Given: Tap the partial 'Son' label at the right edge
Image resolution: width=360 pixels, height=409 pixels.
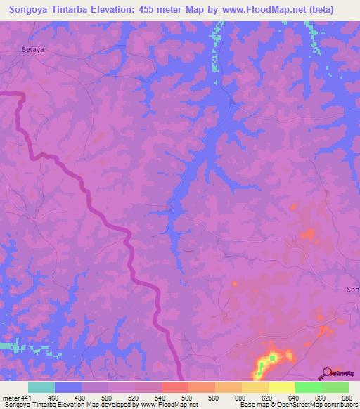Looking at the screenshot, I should tap(353, 290).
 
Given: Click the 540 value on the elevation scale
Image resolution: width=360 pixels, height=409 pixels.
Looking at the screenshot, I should tap(161, 398).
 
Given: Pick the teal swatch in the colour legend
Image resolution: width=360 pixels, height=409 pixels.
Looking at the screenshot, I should tap(41, 387).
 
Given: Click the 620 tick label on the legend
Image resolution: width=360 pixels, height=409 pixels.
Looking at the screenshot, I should tap(268, 398).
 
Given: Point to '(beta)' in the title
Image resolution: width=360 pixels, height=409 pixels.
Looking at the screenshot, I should tap(320, 10).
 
